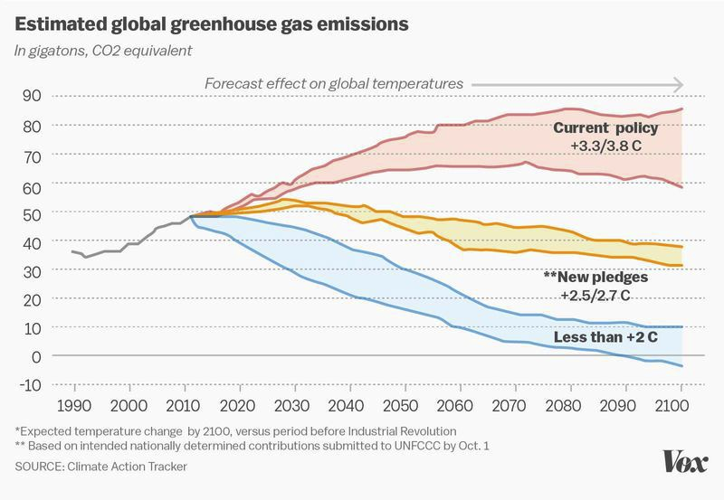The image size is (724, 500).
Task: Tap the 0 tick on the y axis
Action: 38,356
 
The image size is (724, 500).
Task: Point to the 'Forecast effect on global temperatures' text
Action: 334,83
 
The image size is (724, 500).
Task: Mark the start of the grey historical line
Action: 72,251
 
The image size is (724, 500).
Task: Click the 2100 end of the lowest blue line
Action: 681,366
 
